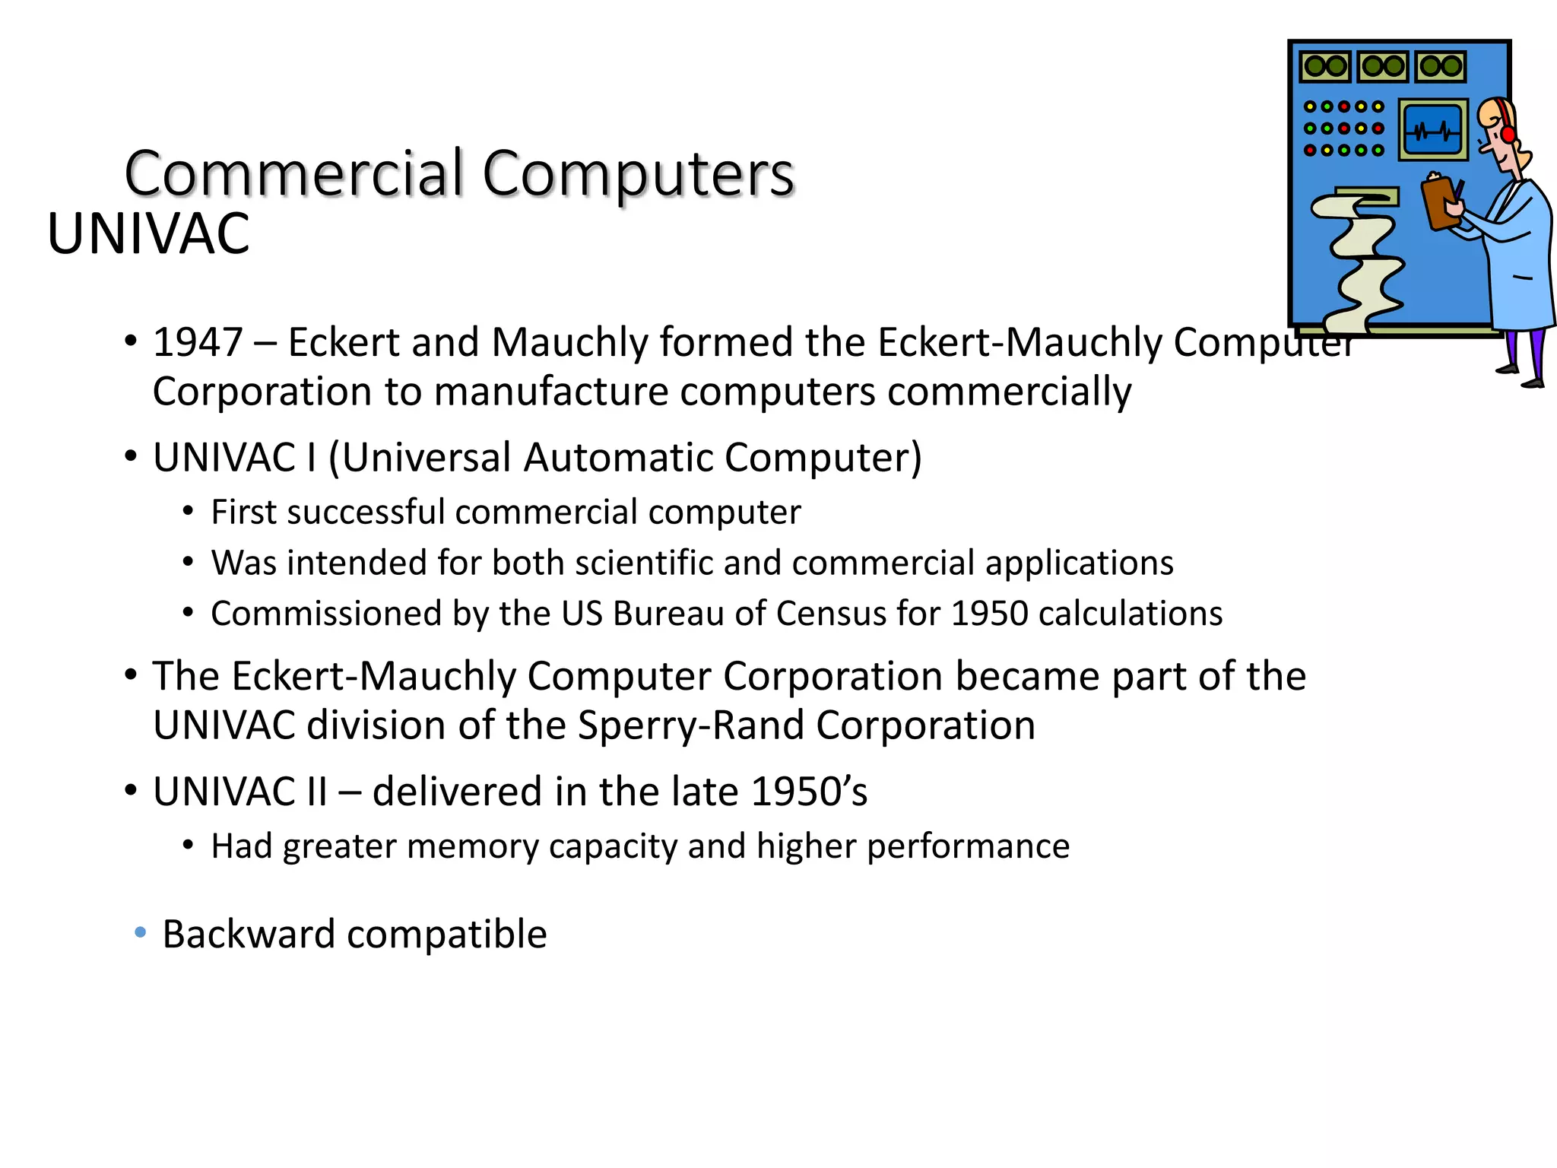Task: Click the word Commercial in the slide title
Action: [293, 174]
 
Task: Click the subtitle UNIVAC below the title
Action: [148, 234]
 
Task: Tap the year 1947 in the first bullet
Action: [198, 342]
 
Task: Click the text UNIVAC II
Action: [240, 792]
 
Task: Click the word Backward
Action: [249, 934]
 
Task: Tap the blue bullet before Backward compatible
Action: [140, 932]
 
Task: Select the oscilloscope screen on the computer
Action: [1432, 130]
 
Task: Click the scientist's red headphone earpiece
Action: [1508, 133]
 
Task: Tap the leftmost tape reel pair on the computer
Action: [1325, 66]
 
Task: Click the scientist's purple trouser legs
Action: [1524, 354]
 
